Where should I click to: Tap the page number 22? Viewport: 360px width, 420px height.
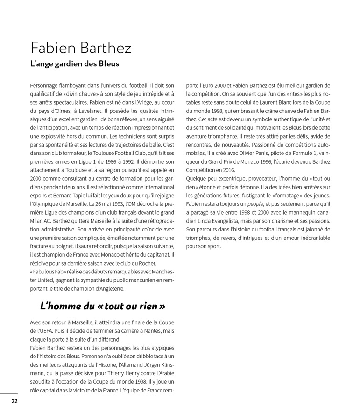click(14, 400)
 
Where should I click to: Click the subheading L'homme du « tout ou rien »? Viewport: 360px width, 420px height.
click(103, 306)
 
